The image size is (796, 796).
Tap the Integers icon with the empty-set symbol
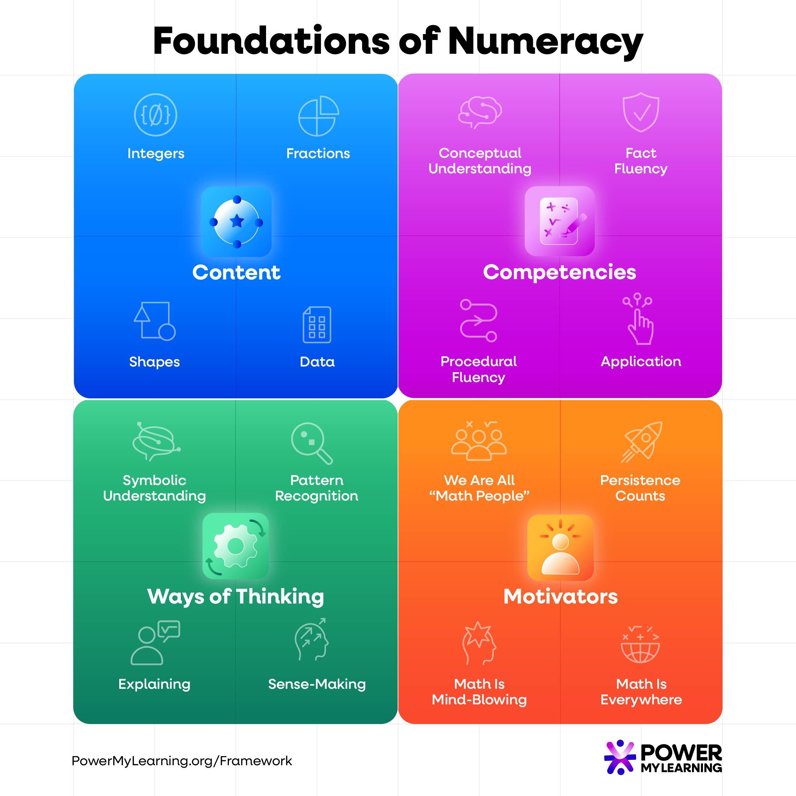click(x=155, y=115)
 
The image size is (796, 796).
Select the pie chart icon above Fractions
click(x=318, y=116)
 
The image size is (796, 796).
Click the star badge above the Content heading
click(x=236, y=222)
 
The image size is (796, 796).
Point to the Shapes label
click(x=155, y=362)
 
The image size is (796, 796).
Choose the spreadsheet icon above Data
click(x=317, y=325)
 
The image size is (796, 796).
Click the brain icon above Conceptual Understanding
click(x=480, y=113)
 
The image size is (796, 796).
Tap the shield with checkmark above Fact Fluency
click(x=641, y=112)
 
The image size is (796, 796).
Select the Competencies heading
click(x=560, y=272)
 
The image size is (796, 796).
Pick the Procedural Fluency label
click(x=478, y=369)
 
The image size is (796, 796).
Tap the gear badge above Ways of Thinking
click(x=236, y=546)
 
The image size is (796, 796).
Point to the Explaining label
click(x=155, y=684)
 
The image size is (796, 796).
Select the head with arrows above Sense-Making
click(x=311, y=639)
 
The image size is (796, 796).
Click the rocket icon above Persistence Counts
click(x=641, y=442)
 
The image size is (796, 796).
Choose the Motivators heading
click(x=560, y=596)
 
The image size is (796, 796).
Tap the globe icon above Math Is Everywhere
click(x=640, y=644)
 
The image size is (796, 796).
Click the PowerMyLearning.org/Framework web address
click(x=182, y=761)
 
